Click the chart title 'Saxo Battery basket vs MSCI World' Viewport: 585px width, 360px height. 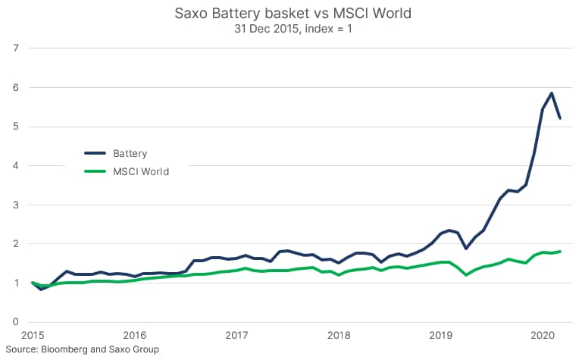point(292,13)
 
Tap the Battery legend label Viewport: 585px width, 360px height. point(130,153)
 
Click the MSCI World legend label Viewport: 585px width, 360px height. point(141,171)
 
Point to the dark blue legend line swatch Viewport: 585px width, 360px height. point(96,153)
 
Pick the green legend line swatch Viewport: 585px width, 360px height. point(96,171)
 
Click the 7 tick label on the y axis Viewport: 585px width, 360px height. point(16,48)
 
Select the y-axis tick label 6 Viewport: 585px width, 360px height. point(16,87)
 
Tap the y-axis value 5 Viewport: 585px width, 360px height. point(16,127)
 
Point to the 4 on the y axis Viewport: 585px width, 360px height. point(16,165)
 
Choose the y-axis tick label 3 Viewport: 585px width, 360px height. point(16,205)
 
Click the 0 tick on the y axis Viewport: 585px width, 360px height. point(16,322)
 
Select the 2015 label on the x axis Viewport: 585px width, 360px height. point(33,335)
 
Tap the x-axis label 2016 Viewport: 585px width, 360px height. point(135,335)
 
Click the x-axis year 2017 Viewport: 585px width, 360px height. point(237,335)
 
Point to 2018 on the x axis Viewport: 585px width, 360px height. point(339,335)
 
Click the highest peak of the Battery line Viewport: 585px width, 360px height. point(551,93)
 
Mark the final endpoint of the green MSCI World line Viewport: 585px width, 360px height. point(560,252)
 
